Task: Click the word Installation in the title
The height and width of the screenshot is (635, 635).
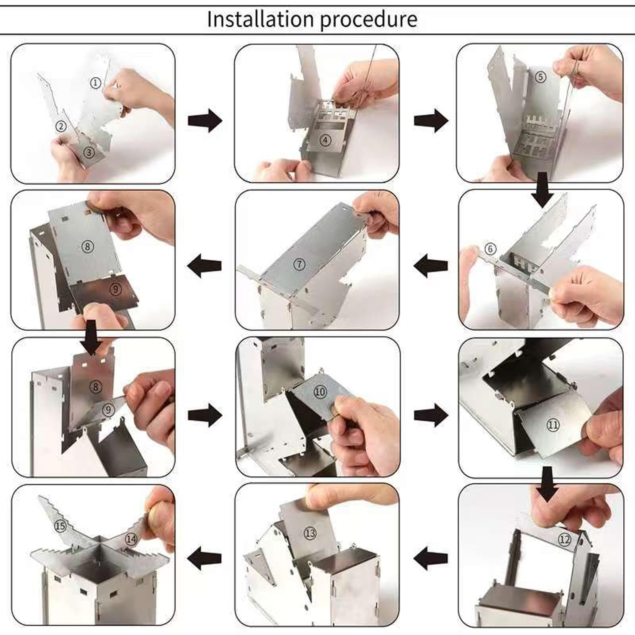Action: [261, 19]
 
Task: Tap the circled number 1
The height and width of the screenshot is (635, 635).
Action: [96, 83]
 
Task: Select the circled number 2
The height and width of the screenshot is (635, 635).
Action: [61, 126]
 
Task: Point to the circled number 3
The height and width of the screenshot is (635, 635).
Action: [89, 152]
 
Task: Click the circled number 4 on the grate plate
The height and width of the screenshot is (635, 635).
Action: [325, 140]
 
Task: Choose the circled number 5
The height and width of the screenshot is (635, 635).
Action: [541, 77]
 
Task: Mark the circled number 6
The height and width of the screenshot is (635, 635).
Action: [491, 249]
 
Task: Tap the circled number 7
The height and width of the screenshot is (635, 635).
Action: [299, 264]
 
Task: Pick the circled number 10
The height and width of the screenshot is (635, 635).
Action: [320, 392]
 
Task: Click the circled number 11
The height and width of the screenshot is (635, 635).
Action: [553, 425]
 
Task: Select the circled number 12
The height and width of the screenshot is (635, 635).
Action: [564, 539]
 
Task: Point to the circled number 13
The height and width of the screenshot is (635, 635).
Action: [310, 533]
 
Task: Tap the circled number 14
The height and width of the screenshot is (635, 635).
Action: [131, 539]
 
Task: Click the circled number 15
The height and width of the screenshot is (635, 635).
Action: [60, 526]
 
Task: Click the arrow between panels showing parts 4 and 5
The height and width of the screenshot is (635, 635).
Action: [431, 120]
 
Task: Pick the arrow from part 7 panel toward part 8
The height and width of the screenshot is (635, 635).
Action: [204, 266]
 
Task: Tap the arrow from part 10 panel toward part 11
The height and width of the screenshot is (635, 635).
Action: [431, 415]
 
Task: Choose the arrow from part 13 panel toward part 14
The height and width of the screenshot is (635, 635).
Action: [204, 558]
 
